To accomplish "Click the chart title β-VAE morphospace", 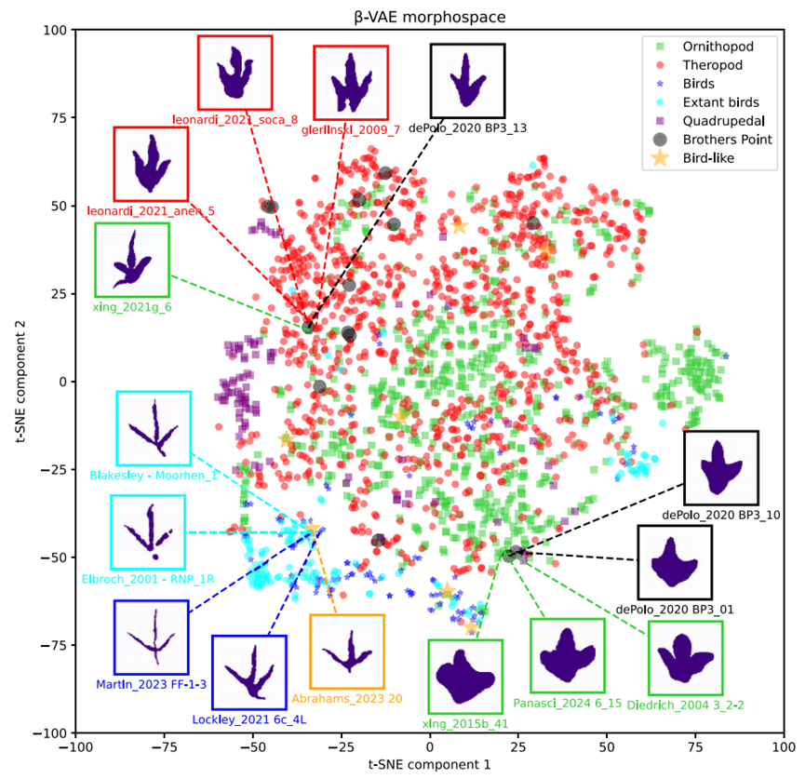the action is (430, 17).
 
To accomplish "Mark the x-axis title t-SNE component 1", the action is (430, 765).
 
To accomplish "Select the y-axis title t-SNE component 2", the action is (20, 382).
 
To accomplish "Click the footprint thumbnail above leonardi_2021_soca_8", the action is (235, 73).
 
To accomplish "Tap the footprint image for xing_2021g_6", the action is (132, 260).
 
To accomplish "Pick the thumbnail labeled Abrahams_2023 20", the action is (347, 651).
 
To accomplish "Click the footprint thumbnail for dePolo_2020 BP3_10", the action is (721, 468).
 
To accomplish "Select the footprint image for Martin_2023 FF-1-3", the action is (152, 638).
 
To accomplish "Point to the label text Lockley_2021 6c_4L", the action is (249, 720).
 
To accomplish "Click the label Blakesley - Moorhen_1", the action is (154, 476).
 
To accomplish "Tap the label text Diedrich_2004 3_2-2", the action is (685, 705).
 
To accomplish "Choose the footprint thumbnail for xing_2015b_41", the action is (465, 677).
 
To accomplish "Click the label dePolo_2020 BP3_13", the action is (468, 128).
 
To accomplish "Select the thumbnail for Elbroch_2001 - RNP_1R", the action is (148, 532).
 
